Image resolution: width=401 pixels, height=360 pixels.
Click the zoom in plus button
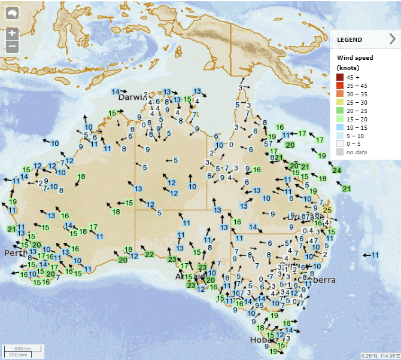(12, 33)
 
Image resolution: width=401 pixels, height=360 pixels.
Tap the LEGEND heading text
(350, 39)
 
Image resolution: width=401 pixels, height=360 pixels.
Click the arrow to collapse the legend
(393, 39)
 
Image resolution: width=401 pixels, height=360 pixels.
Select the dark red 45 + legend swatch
(341, 77)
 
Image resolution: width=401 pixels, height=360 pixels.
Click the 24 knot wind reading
(337, 170)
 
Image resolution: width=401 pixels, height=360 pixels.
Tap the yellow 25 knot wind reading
(327, 210)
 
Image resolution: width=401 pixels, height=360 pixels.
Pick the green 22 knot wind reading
(149, 255)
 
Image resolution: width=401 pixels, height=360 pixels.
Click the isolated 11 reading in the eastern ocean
(375, 255)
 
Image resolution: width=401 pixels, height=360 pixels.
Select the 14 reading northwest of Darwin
(116, 91)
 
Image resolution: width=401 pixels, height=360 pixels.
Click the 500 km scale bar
(23, 349)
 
